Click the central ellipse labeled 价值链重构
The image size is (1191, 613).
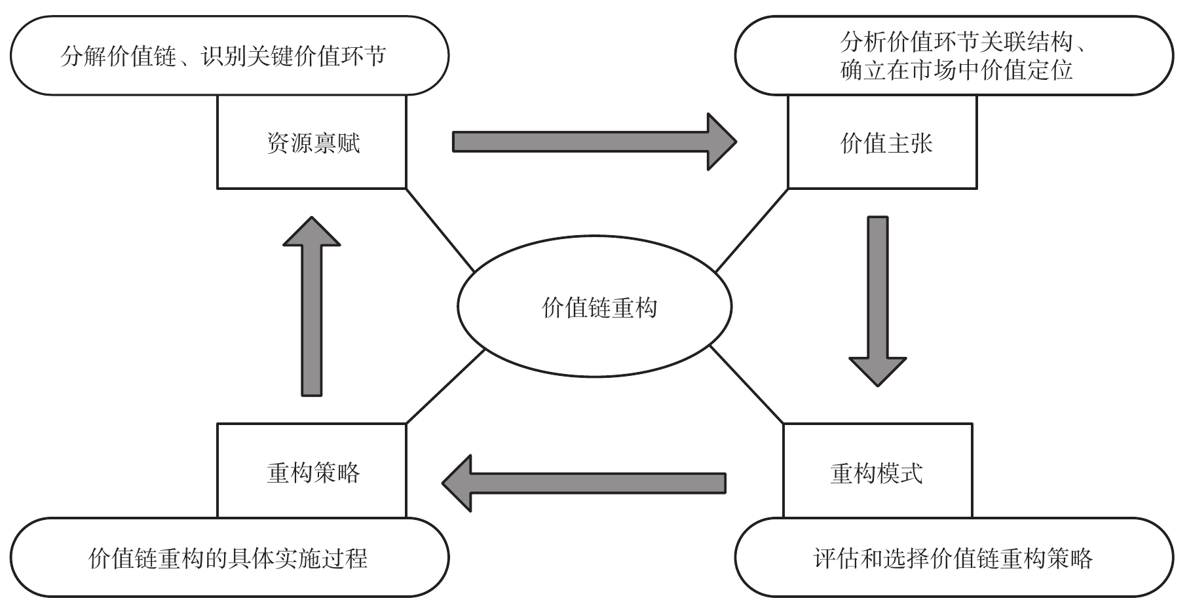click(x=594, y=306)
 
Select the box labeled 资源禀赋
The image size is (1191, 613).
click(x=312, y=143)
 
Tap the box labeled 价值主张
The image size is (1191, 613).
click(x=882, y=143)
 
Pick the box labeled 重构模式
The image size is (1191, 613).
click(x=877, y=472)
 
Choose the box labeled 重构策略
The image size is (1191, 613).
click(x=312, y=472)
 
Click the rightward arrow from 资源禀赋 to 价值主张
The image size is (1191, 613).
click(x=590, y=141)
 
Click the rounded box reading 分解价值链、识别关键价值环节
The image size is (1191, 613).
click(x=229, y=56)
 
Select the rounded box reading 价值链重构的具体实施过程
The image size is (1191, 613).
click(x=229, y=557)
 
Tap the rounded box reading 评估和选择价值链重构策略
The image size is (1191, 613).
click(x=954, y=557)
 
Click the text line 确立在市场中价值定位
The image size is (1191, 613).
click(x=956, y=70)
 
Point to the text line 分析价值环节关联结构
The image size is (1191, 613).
click(x=956, y=43)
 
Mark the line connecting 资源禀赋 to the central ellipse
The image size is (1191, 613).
click(x=440, y=230)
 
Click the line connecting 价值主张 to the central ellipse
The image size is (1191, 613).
click(x=751, y=230)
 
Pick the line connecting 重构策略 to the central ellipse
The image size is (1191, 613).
click(x=445, y=386)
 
